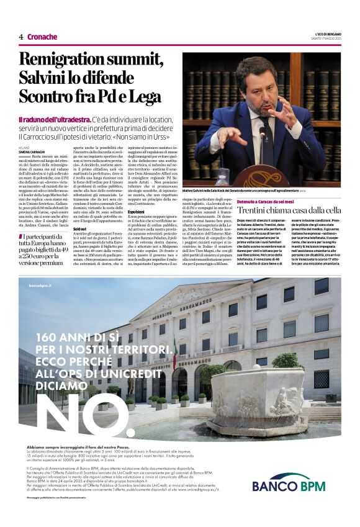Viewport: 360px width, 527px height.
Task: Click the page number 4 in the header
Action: click(21, 37)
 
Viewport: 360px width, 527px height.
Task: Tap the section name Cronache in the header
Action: click(42, 37)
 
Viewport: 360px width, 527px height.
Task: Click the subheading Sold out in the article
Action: click(70, 229)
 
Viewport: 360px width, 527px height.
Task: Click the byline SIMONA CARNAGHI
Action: click(32, 151)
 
